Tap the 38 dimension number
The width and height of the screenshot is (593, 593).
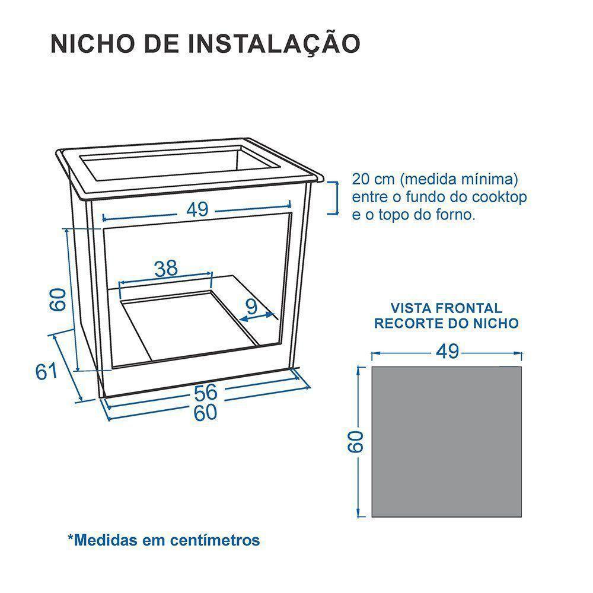[166, 269]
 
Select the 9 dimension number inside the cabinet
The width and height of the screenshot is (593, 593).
[251, 306]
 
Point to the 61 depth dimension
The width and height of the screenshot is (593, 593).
[46, 371]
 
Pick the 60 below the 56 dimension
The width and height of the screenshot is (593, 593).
[205, 413]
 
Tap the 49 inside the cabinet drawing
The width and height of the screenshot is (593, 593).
[197, 209]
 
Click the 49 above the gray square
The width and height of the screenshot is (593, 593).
[447, 352]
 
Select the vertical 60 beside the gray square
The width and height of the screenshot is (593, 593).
[355, 442]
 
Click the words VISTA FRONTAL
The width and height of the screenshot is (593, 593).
[446, 308]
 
